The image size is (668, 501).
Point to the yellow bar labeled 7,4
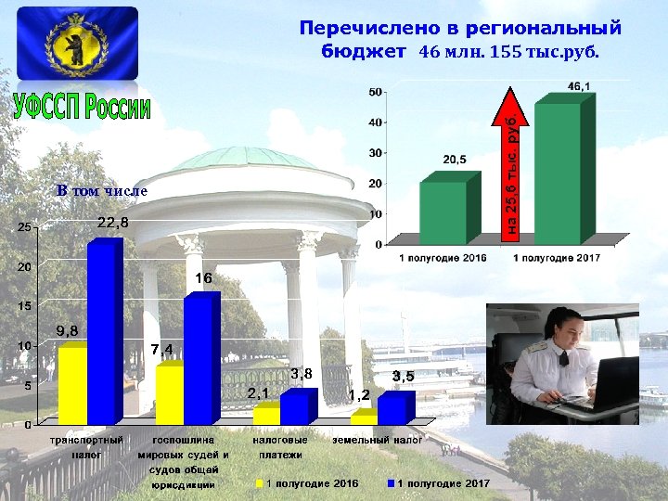169,393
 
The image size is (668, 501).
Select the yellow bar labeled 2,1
266,414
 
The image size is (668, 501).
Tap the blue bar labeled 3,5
392,408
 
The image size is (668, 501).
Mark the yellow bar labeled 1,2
364,417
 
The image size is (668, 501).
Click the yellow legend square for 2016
260,483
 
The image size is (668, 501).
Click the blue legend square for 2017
392,483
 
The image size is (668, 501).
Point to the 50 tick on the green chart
376,92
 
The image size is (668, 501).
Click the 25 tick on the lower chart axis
27,227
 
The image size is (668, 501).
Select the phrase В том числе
101,190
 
